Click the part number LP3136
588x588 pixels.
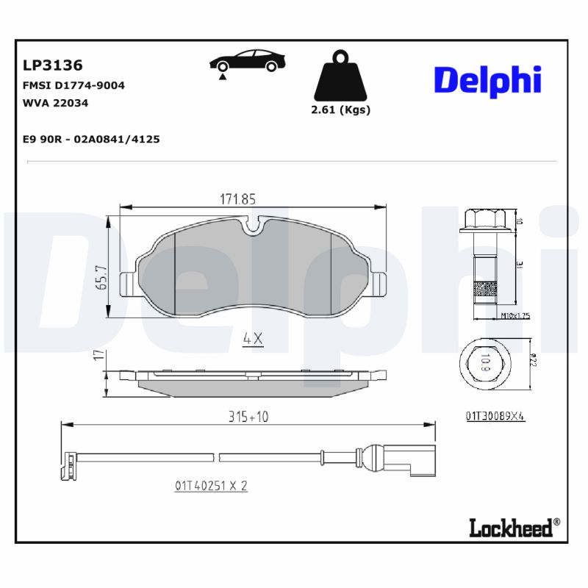pyautogui.click(x=53, y=65)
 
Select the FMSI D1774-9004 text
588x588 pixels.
pyautogui.click(x=74, y=85)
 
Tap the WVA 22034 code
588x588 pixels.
pyautogui.click(x=56, y=103)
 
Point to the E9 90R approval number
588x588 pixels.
pyautogui.click(x=92, y=138)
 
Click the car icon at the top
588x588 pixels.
pyautogui.click(x=245, y=62)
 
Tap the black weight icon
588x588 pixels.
pyautogui.click(x=339, y=77)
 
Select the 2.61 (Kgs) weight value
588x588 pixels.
pyautogui.click(x=340, y=110)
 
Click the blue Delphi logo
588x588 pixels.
pyautogui.click(x=487, y=81)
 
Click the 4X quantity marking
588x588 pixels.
pyautogui.click(x=253, y=339)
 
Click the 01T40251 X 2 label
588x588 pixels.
pyautogui.click(x=211, y=486)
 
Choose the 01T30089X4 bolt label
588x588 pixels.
pyautogui.click(x=495, y=416)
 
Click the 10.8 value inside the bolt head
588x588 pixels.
pyautogui.click(x=485, y=362)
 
